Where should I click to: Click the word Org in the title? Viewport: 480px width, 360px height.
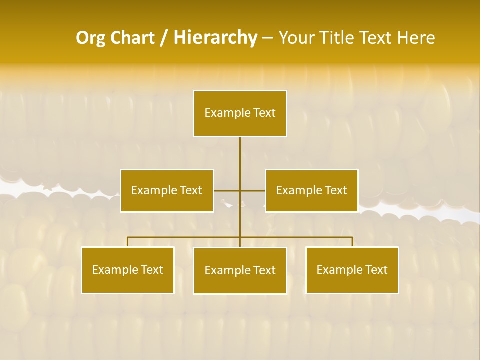point(90,38)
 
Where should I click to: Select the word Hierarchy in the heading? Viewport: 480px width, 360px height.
point(215,38)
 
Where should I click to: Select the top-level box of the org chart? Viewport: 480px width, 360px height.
point(240,113)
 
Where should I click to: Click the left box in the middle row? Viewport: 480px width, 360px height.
point(167,191)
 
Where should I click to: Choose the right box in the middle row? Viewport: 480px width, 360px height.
point(311,191)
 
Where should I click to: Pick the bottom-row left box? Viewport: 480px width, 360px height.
point(128,270)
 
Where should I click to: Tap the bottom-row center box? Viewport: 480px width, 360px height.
point(240,271)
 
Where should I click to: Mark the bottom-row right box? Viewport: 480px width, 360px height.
point(352,270)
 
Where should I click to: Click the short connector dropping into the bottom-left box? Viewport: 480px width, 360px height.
point(128,242)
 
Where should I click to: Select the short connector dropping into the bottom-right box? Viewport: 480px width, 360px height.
point(352,242)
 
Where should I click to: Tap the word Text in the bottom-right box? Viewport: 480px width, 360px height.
point(376,270)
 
